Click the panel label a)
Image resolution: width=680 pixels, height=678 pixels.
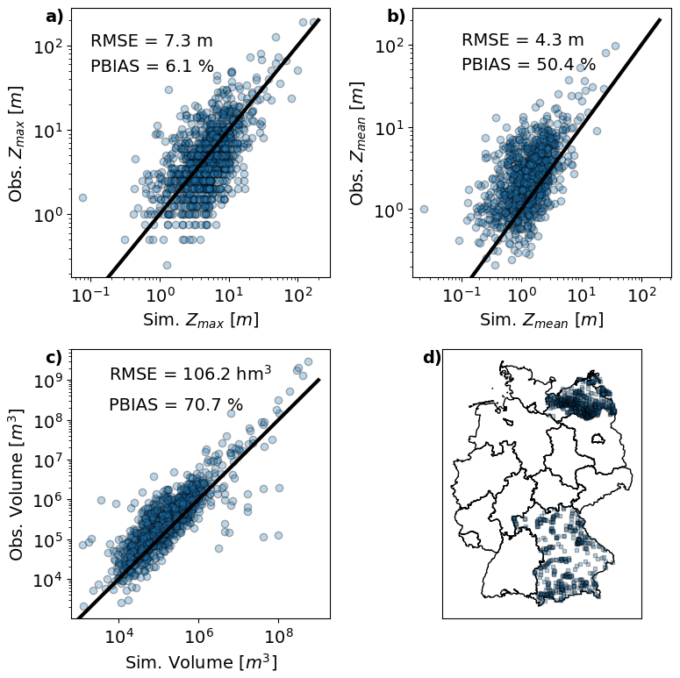click(x=54, y=17)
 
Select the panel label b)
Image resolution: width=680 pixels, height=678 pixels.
click(x=397, y=17)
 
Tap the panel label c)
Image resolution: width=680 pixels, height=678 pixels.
click(x=54, y=357)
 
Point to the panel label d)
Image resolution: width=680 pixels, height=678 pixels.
click(x=432, y=357)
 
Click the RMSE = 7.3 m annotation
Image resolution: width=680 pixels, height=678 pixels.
click(x=152, y=40)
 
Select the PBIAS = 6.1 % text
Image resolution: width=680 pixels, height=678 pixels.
click(x=152, y=66)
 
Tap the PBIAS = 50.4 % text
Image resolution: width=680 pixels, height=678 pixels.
click(x=528, y=65)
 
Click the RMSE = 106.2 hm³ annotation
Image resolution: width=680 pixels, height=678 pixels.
click(x=190, y=374)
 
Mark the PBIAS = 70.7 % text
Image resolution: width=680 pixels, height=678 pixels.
click(x=175, y=404)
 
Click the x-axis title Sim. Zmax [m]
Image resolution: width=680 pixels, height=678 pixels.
click(x=200, y=320)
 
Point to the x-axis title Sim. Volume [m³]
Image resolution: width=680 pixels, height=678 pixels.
click(x=201, y=661)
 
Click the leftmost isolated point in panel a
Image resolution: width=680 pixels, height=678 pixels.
click(x=82, y=197)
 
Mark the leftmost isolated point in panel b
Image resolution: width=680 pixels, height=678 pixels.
click(x=424, y=209)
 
